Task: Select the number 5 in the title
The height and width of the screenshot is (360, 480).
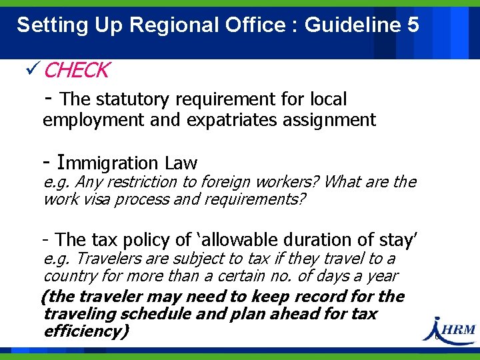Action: click(412, 25)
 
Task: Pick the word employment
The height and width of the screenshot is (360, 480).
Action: click(93, 120)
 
